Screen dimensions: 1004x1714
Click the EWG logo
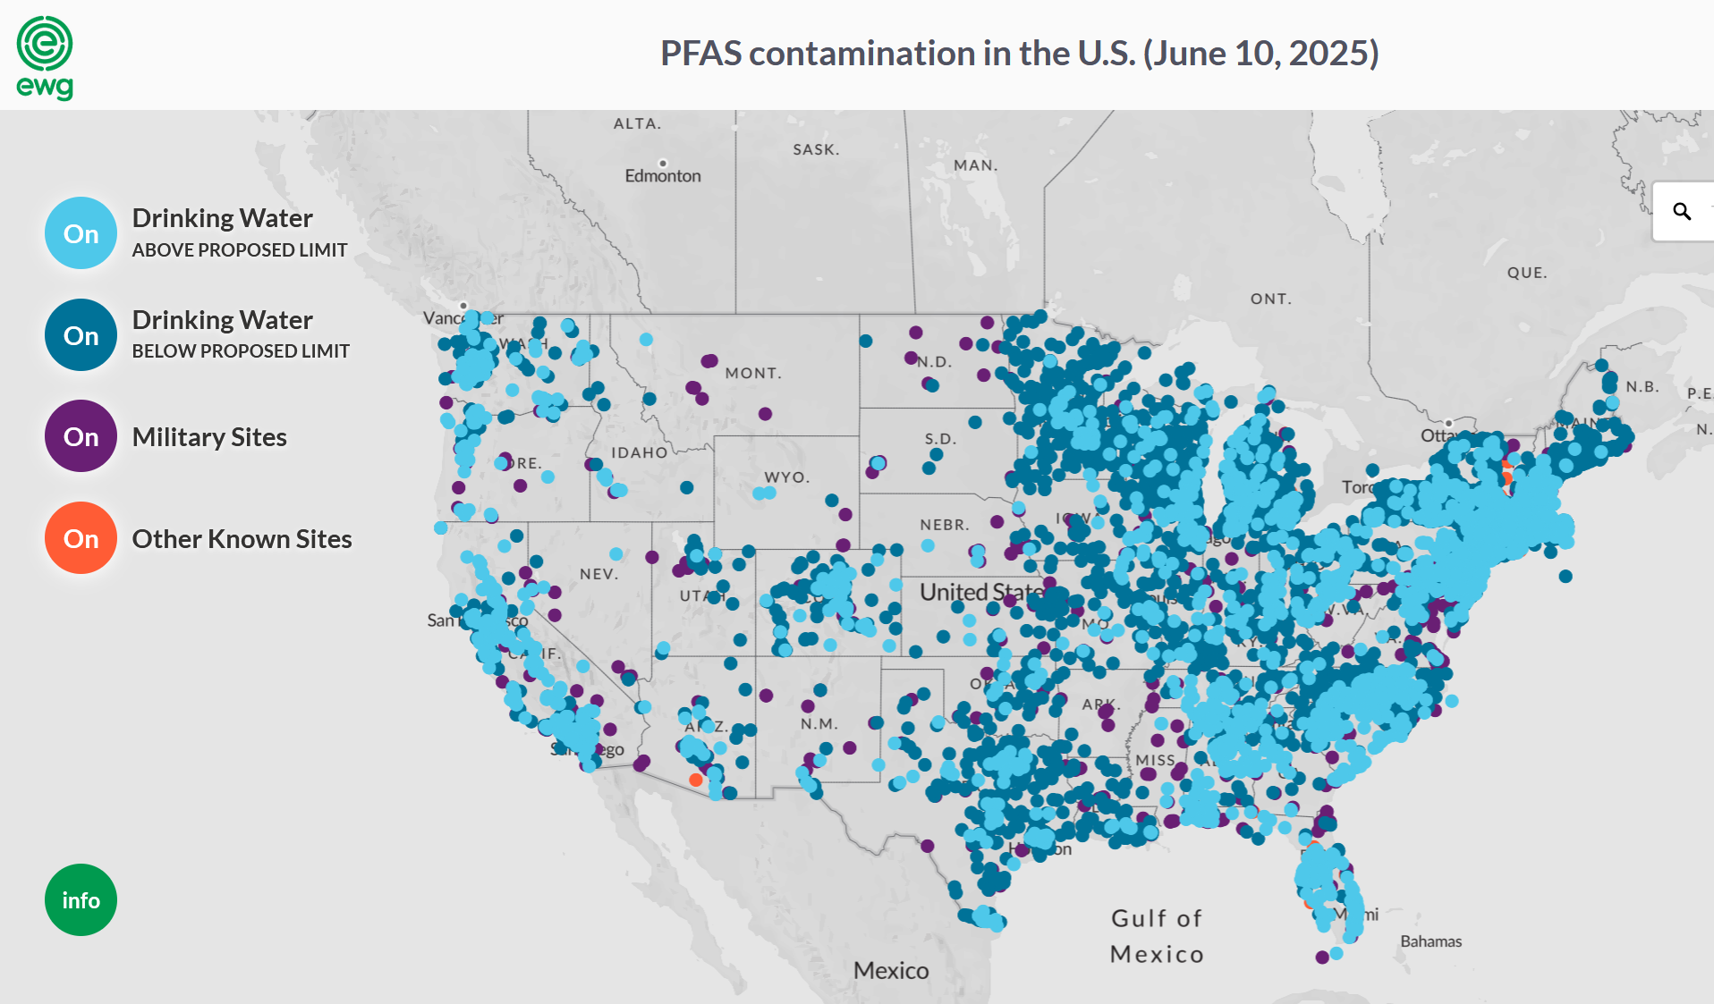45,57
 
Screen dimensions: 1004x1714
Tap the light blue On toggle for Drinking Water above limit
81,233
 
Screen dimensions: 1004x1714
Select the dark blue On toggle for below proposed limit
81,335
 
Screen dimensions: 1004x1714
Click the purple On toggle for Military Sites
81,436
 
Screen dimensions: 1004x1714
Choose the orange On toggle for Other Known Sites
81,538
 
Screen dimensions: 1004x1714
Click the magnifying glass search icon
1682,211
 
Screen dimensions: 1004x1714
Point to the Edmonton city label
663,176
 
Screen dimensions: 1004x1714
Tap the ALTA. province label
637,123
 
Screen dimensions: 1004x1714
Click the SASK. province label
816,149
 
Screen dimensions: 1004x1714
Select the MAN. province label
975,165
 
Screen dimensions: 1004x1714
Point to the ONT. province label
1270,299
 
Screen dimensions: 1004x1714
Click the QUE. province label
1526,273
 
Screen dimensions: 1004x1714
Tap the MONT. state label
753,373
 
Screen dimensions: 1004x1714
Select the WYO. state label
786,477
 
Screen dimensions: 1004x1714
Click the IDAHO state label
639,452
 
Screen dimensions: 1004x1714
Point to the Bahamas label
1430,941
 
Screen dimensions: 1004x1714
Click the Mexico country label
891,970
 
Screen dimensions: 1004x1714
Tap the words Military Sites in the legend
209,437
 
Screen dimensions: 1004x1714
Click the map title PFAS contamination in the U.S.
1019,54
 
